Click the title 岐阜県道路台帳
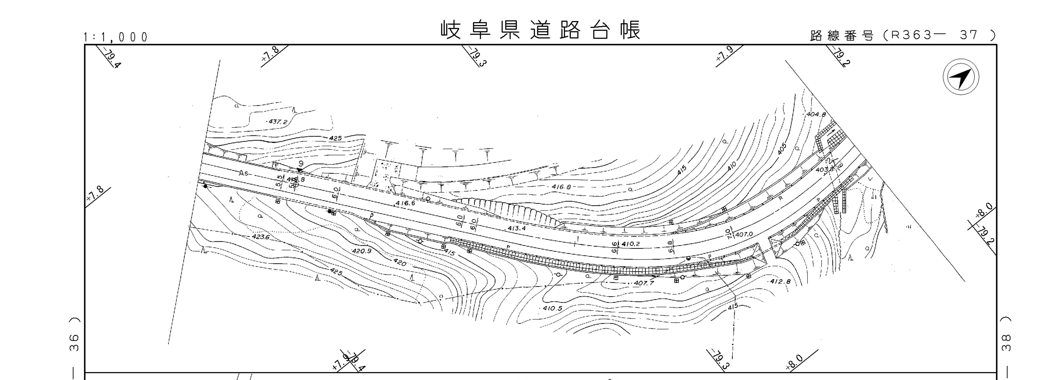point(540,30)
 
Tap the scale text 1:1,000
point(116,37)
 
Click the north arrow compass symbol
point(961,77)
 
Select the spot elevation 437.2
point(278,121)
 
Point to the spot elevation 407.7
point(643,283)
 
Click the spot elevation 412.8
point(780,281)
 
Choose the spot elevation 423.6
point(260,237)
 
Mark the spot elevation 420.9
point(361,251)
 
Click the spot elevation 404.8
point(816,115)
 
